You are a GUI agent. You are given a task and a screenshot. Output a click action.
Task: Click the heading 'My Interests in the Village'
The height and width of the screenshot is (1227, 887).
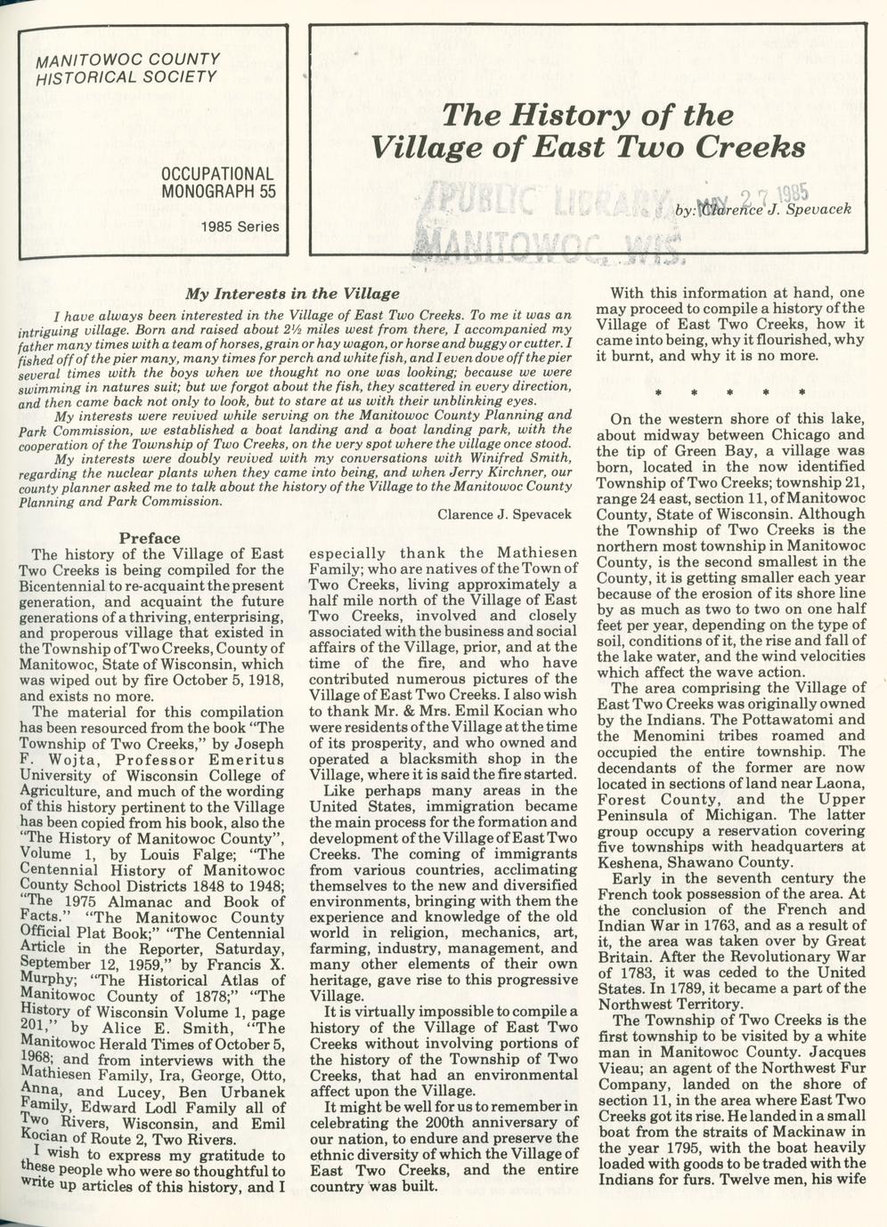pyautogui.click(x=292, y=294)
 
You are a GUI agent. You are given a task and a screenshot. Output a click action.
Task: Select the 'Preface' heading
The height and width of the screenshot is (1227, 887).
pyautogui.click(x=150, y=537)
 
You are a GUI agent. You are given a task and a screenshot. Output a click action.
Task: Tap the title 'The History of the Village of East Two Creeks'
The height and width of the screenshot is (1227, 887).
pyautogui.click(x=588, y=130)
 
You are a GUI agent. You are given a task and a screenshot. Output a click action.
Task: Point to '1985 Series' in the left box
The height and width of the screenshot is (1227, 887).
pyautogui.click(x=240, y=226)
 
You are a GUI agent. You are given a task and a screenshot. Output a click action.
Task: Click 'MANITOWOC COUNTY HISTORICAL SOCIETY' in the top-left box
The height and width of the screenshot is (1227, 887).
pyautogui.click(x=126, y=68)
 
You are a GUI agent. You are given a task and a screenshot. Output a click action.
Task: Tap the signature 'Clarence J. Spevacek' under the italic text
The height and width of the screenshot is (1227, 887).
pyautogui.click(x=505, y=514)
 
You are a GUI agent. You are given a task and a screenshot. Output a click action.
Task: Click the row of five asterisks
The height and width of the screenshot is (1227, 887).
pyautogui.click(x=729, y=392)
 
